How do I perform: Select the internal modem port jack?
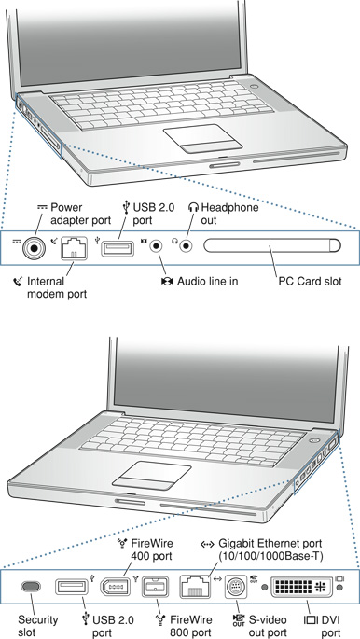(x=74, y=248)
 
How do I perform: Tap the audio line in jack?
(x=157, y=246)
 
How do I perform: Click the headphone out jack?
(x=187, y=246)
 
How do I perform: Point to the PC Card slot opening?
(x=272, y=245)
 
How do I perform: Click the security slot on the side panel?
(x=31, y=587)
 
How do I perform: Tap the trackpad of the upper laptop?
(x=202, y=139)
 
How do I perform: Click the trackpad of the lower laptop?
(x=151, y=476)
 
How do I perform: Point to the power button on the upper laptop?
(x=256, y=87)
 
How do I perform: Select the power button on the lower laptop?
(x=314, y=440)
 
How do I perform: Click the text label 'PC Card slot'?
(x=310, y=281)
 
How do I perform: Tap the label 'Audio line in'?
(x=207, y=281)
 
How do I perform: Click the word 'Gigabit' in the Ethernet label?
(x=235, y=545)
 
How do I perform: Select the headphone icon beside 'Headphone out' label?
(x=193, y=207)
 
